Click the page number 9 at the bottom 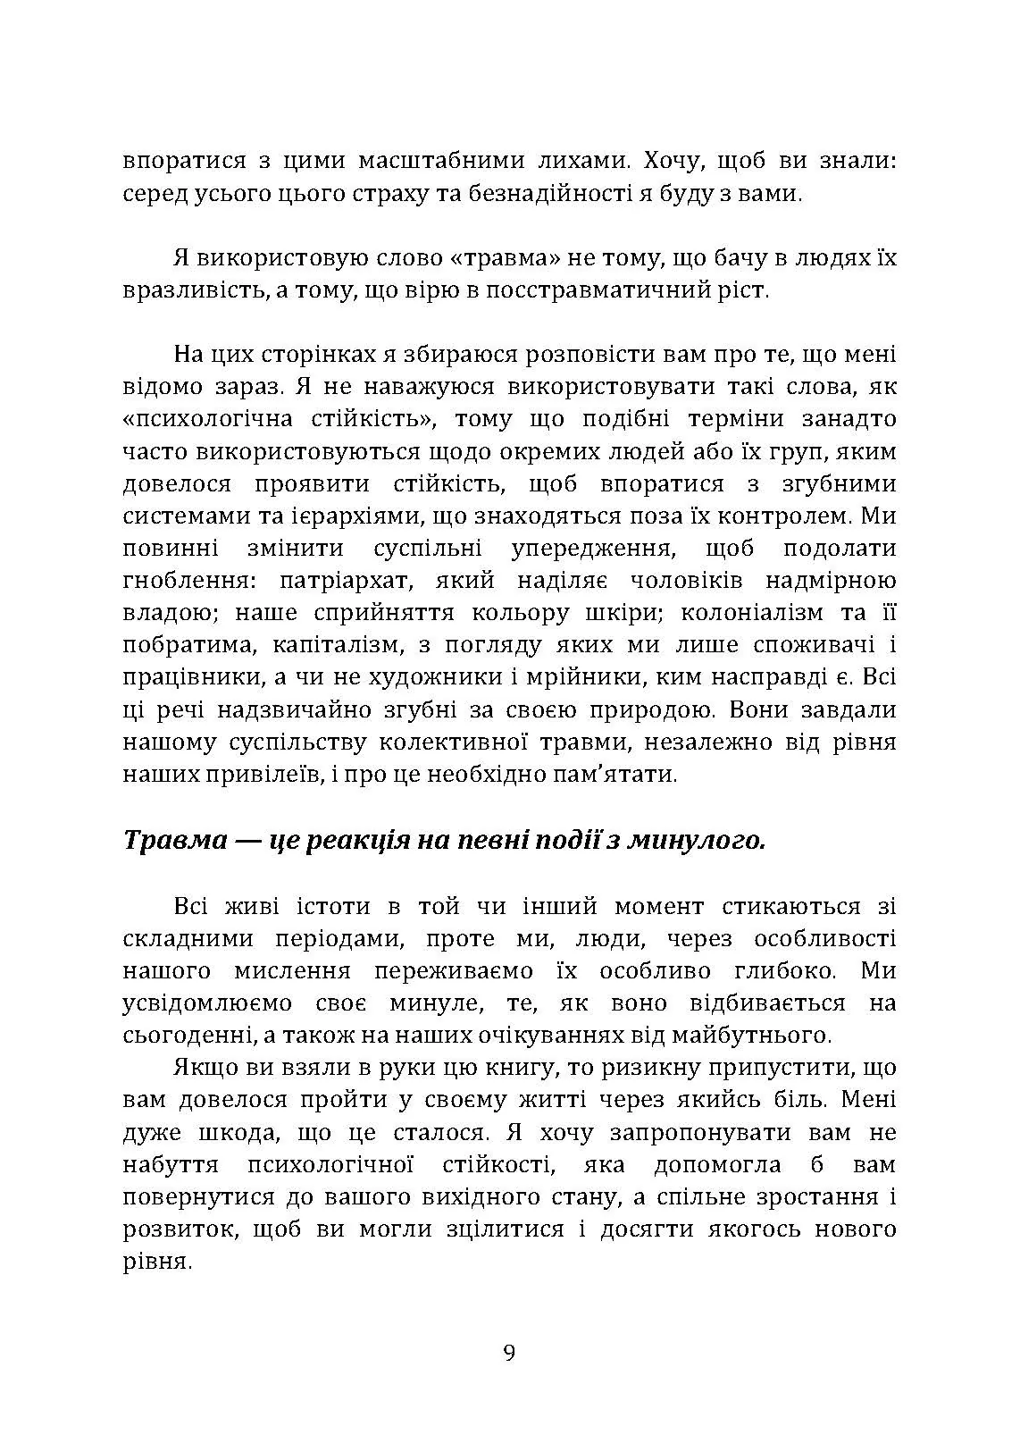click(x=509, y=1352)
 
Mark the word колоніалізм click(x=759, y=613)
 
